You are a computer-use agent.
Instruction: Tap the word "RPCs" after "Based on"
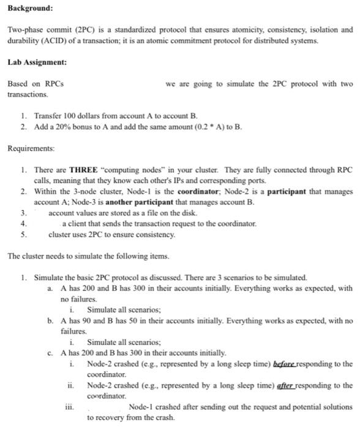coord(53,83)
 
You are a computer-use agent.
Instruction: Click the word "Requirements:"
coord(31,148)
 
